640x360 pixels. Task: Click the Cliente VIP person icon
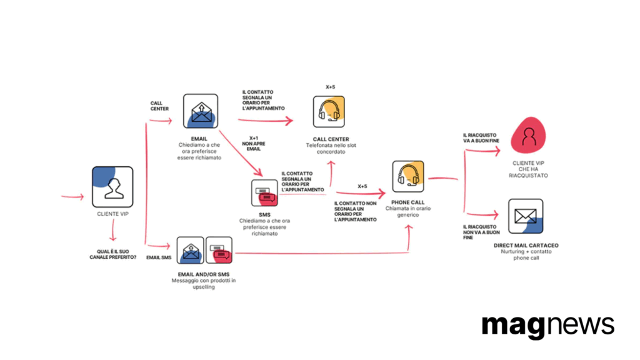(112, 187)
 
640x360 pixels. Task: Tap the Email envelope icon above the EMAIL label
(201, 111)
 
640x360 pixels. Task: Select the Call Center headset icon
(329, 111)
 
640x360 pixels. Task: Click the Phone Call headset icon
(408, 176)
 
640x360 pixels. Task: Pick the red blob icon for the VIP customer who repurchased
(529, 135)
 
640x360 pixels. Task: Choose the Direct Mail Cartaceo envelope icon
(526, 216)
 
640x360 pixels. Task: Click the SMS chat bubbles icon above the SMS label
(264, 192)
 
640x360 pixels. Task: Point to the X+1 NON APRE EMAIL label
(254, 144)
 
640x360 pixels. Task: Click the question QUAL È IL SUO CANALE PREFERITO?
(113, 254)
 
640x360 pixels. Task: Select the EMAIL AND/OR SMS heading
(204, 274)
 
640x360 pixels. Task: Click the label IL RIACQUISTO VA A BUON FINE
(481, 138)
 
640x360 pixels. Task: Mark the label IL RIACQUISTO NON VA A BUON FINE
(481, 232)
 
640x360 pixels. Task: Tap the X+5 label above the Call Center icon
(330, 87)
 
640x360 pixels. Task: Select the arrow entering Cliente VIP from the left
(72, 197)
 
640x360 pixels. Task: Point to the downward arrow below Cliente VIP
(113, 230)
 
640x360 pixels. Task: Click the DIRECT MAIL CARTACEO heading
(526, 245)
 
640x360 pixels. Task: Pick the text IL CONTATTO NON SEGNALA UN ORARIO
(355, 209)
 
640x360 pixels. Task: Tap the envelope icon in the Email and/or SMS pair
(190, 250)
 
